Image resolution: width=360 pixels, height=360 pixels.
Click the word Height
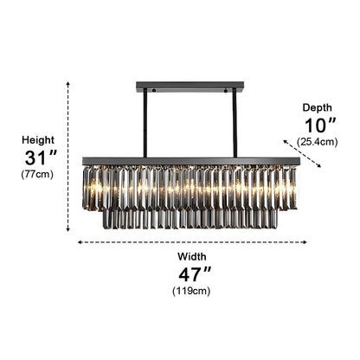[x=38, y=140]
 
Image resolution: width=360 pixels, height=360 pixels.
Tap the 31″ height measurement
[x=41, y=157]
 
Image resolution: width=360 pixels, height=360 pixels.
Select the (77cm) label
[x=37, y=174]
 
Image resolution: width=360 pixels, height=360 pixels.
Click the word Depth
[x=318, y=107]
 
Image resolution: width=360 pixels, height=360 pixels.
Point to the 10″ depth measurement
[x=320, y=125]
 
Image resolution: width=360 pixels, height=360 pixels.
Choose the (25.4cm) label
[x=317, y=142]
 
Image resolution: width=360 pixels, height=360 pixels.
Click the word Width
[x=192, y=256]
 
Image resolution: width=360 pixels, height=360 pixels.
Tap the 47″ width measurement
[x=195, y=274]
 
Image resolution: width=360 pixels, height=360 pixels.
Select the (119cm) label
[x=191, y=291]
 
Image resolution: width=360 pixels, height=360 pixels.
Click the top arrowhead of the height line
[x=68, y=84]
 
